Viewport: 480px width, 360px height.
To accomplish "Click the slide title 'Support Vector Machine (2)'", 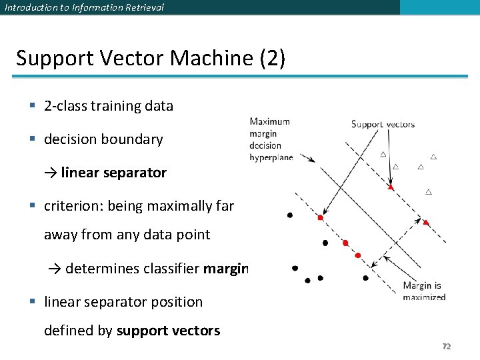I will tap(151, 58).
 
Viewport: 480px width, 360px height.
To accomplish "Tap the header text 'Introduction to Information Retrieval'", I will tap(84, 7).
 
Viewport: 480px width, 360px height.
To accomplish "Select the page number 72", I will tap(447, 346).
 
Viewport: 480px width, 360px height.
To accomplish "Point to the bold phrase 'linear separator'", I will tap(113, 173).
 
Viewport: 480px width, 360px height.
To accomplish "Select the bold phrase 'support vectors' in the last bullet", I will tap(168, 331).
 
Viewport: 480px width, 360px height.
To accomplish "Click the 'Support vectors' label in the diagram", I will tap(383, 124).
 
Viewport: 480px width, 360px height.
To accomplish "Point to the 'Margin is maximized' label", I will tap(423, 291).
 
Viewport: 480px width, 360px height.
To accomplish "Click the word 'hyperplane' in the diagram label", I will tap(271, 157).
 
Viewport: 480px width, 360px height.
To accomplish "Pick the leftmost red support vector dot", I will tap(320, 218).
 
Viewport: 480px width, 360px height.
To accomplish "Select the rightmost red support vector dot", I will tap(426, 223).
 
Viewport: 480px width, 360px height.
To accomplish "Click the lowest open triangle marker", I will tap(428, 192).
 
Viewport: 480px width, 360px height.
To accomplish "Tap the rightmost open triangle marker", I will tap(433, 157).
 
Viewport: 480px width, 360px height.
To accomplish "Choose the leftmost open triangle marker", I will tap(383, 154).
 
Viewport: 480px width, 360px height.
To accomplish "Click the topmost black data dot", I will tap(289, 215).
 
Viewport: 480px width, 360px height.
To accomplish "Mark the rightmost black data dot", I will tap(365, 277).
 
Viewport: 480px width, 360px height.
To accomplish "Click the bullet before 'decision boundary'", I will tap(32, 139).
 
